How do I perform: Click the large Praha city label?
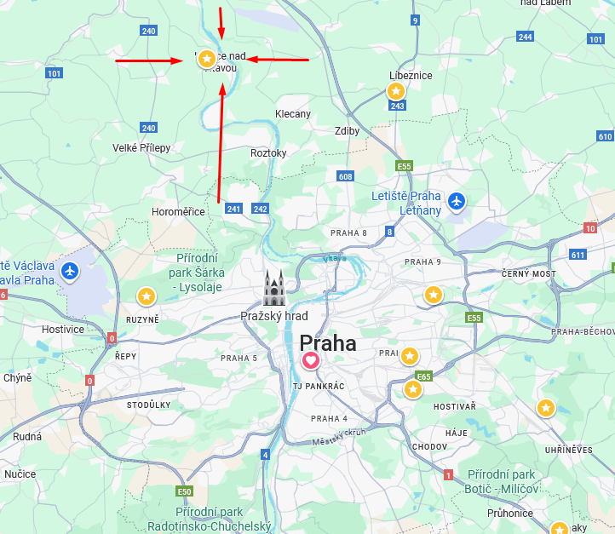click(328, 343)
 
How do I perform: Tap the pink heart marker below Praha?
click(311, 361)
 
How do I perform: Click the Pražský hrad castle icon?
click(273, 288)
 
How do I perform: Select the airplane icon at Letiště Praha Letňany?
click(457, 202)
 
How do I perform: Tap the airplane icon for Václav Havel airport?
click(69, 271)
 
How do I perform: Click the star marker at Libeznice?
click(396, 90)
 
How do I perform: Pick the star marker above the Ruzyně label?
click(147, 296)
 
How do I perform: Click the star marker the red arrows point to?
click(205, 58)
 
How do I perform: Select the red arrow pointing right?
click(153, 60)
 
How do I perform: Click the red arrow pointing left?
click(279, 60)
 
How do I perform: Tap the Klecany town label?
click(293, 113)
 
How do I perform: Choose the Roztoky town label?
click(268, 152)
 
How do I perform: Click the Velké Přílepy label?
click(141, 147)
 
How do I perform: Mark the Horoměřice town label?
click(178, 211)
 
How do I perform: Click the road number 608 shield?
click(345, 176)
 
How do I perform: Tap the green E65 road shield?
click(423, 376)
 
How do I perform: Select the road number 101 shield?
click(55, 73)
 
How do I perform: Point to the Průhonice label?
click(510, 513)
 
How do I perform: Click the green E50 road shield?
click(184, 491)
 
